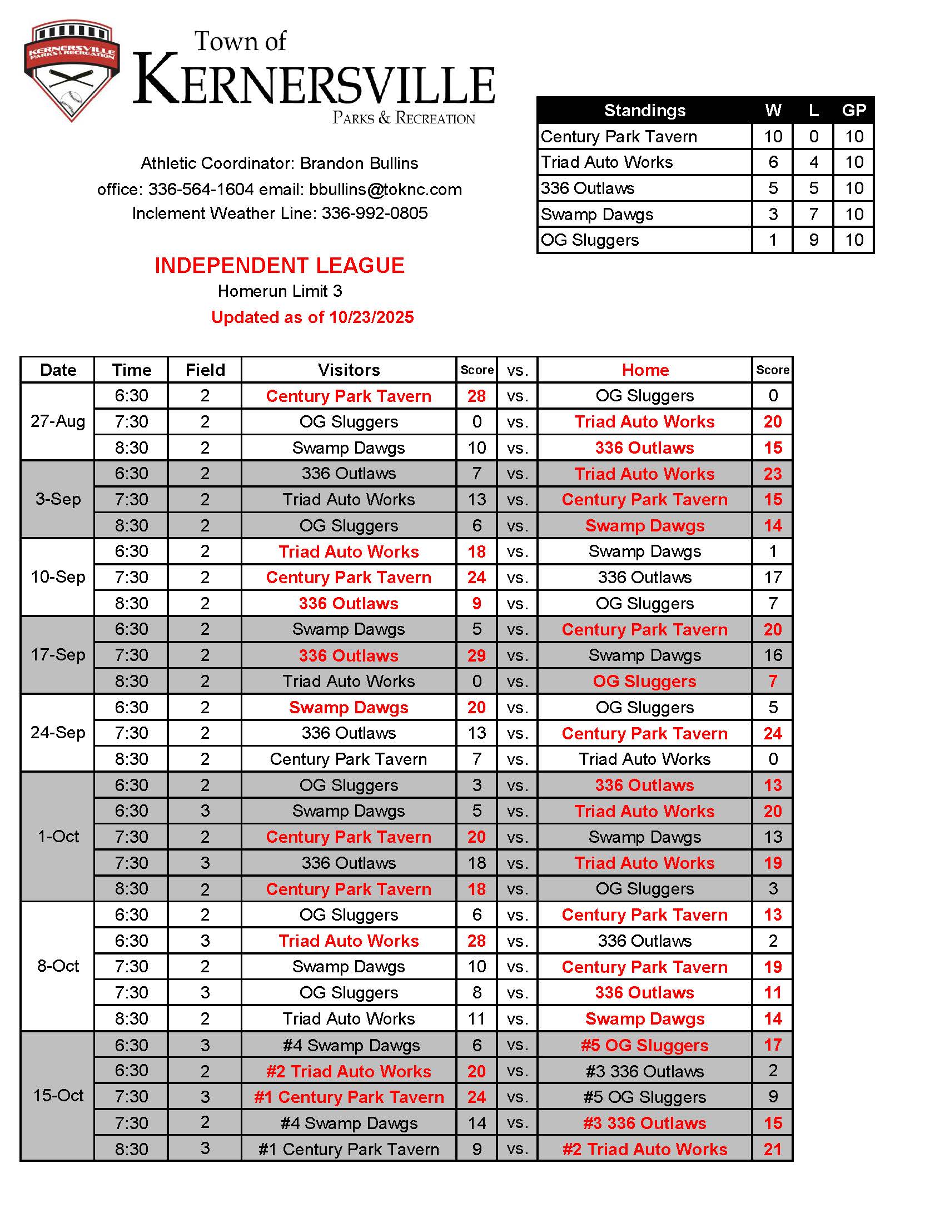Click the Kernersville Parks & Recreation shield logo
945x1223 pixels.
pos(71,71)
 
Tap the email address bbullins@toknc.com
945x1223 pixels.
pos(385,189)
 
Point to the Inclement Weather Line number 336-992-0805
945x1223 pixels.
pos(374,213)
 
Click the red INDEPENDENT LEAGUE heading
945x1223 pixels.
pos(280,265)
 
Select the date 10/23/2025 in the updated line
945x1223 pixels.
pos(371,317)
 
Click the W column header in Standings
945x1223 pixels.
pos(773,110)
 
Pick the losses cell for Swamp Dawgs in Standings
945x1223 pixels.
pos(813,215)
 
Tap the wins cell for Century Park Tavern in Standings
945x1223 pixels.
pos(773,137)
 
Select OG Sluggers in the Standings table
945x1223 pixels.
pos(589,240)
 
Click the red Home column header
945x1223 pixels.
pos(645,370)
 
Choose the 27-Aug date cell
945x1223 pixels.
pos(58,422)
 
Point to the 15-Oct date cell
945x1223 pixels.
pos(58,1096)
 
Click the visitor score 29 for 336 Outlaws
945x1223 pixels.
pos(476,656)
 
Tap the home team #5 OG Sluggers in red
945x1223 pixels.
pos(644,1046)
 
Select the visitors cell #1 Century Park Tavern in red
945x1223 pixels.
pos(349,1097)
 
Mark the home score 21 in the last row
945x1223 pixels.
pos(773,1150)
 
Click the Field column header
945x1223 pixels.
pos(205,370)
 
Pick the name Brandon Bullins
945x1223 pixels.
pos(359,163)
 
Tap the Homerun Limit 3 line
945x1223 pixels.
pos(280,291)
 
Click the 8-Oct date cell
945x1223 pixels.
pos(58,967)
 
